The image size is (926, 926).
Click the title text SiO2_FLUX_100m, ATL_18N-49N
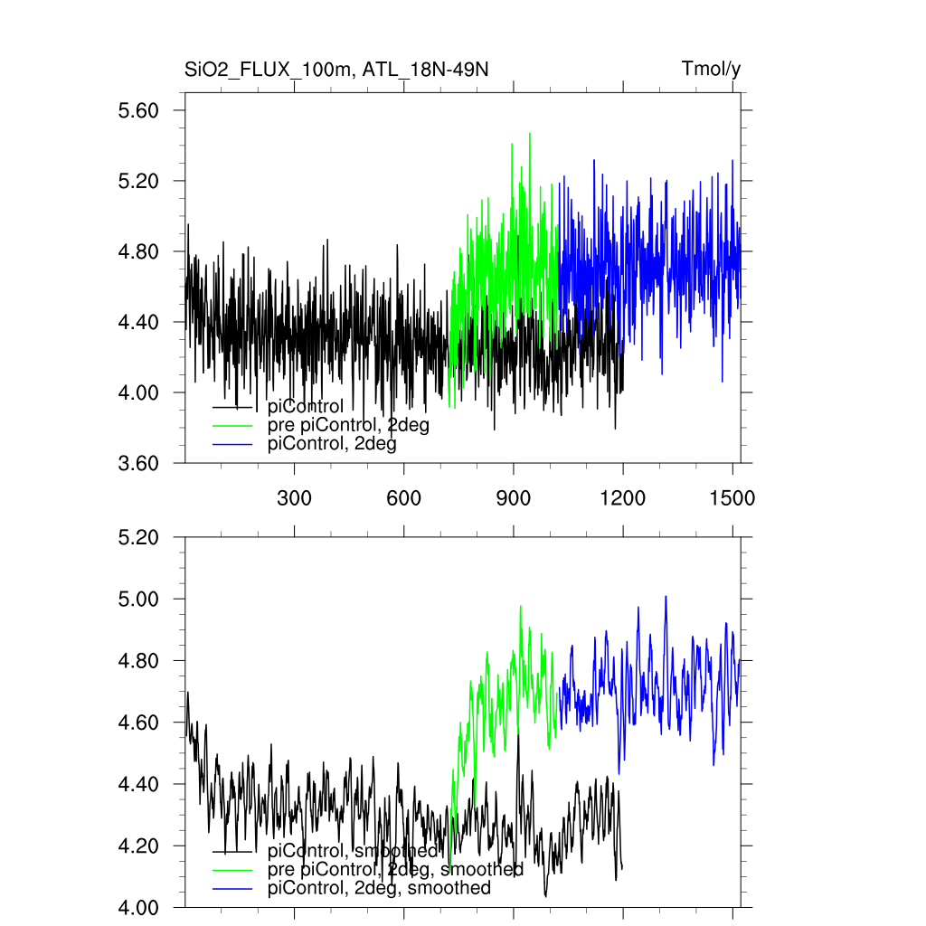point(336,70)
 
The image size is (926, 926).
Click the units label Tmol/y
point(711,70)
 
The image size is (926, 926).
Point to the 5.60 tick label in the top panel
point(139,110)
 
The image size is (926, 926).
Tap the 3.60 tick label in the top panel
point(139,463)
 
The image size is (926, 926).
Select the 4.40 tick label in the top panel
point(139,322)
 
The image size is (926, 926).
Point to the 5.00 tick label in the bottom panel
point(139,599)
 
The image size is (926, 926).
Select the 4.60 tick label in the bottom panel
point(139,723)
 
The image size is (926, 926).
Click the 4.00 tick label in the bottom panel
point(139,907)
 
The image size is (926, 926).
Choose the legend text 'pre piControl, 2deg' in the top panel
point(348,425)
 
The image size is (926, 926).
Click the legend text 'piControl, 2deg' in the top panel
point(332,444)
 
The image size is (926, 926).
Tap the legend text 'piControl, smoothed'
point(353,851)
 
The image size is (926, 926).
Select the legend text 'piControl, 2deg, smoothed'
point(379,888)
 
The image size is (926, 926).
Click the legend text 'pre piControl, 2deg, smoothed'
point(395,869)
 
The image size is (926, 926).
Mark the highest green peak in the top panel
point(530,133)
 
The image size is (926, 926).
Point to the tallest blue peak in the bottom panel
point(666,597)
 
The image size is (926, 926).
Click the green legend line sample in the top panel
point(231,425)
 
